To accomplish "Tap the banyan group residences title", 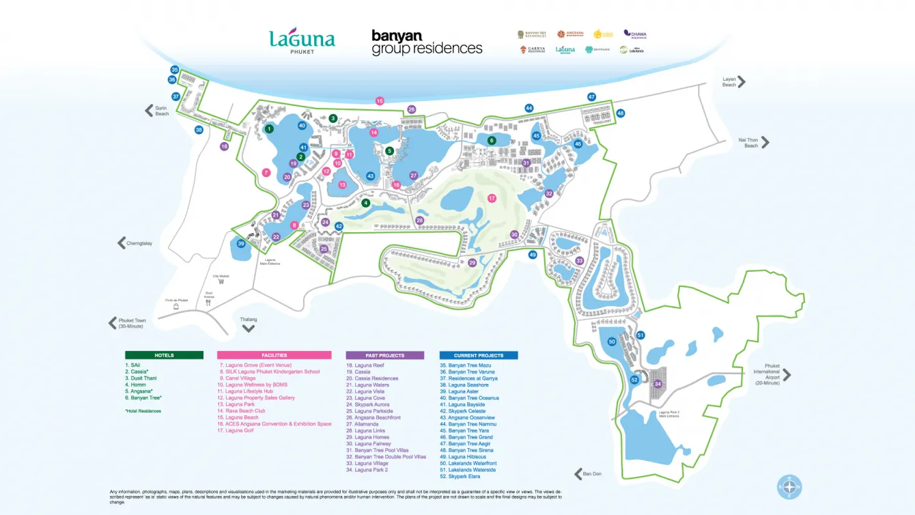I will tap(427, 42).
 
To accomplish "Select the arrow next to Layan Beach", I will tap(742, 82).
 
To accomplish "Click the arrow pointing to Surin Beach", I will tap(148, 111).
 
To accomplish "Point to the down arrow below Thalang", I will tap(249, 328).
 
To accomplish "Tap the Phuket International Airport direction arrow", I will tap(787, 374).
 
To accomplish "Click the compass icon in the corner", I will tap(789, 487).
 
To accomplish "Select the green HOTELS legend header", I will tap(164, 355).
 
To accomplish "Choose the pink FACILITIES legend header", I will tap(274, 355).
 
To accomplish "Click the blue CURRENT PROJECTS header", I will tap(478, 355).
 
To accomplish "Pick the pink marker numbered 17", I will tap(492, 198).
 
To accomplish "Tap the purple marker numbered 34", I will tap(658, 384).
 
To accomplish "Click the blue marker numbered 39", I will tap(240, 244).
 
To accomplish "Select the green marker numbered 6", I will tap(491, 141).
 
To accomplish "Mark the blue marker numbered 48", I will tap(620, 113).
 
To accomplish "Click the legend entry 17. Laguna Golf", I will tap(236, 430).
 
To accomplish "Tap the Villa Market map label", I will tap(221, 277).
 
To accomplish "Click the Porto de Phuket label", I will tap(176, 300).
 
